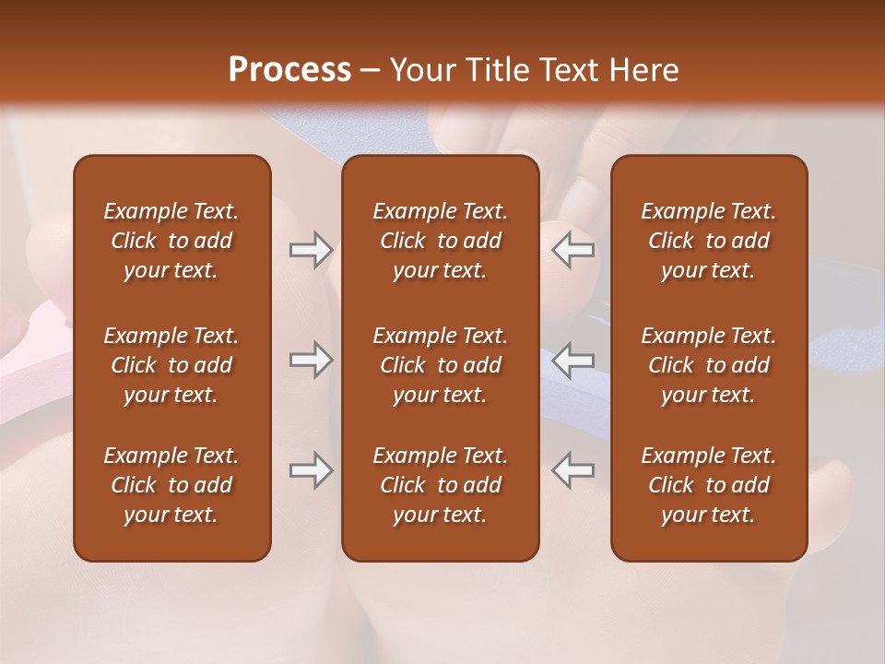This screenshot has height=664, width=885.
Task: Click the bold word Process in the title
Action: coord(289,70)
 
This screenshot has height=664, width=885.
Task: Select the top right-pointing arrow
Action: coord(311,250)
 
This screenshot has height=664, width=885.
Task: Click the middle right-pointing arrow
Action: coord(311,360)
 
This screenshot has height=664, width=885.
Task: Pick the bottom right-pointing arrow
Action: coord(311,470)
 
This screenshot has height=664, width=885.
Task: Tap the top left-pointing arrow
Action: coord(573,250)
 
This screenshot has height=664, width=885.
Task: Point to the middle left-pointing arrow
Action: coord(573,360)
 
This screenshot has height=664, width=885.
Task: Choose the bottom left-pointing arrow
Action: coord(573,470)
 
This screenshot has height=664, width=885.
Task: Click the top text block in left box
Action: coord(171,241)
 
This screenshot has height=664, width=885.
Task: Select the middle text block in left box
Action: coord(171,365)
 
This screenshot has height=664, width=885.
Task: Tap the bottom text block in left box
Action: coord(171,485)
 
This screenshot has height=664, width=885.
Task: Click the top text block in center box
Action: coord(440,241)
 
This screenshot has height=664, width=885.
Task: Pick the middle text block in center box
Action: coord(440,365)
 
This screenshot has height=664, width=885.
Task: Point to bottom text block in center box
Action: coord(440,485)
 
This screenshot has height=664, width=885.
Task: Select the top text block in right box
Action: coord(708,241)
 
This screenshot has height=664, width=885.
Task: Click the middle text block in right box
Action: coord(708,365)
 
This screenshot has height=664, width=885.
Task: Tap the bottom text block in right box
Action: coord(708,485)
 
